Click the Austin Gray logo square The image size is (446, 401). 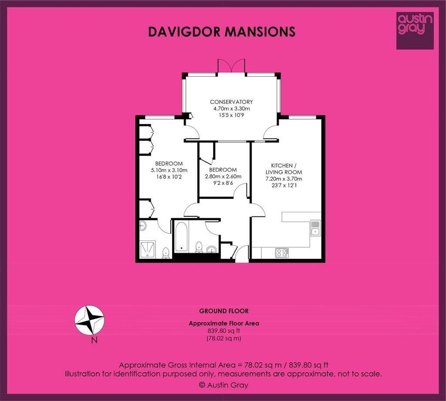click(415, 31)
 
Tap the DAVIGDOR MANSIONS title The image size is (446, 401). click(222, 32)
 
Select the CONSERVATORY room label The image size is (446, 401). click(231, 102)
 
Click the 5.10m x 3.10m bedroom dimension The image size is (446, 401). click(169, 171)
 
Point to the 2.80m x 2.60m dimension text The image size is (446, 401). click(223, 176)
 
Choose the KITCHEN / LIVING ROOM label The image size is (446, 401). click(284, 169)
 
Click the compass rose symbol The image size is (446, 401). click(89, 321)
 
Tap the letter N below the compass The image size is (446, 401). click(95, 340)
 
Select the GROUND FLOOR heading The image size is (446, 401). click(224, 311)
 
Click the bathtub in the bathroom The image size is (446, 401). click(181, 237)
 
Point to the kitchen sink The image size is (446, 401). click(315, 228)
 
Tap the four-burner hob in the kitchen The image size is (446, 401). click(282, 253)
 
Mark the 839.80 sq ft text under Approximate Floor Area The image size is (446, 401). click(224, 331)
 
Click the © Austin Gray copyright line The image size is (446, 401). click(223, 385)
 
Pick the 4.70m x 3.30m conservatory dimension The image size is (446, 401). click(232, 109)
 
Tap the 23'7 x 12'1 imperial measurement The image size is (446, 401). click(284, 185)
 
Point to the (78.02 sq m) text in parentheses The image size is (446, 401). click(224, 339)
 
